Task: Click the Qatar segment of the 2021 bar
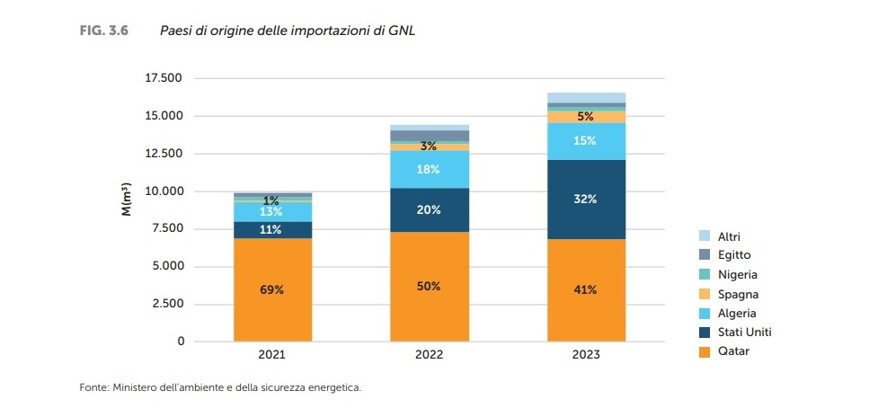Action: click(272, 289)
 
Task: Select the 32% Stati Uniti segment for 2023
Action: click(586, 199)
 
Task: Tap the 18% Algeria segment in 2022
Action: click(429, 169)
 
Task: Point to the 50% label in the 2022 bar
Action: click(429, 287)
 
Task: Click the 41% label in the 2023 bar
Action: click(586, 290)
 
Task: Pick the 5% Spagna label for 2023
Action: click(586, 117)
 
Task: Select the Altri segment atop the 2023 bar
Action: click(586, 98)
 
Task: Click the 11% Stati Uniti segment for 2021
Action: click(272, 230)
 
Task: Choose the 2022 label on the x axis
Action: click(429, 355)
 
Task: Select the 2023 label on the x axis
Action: click(586, 355)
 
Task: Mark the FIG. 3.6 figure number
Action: click(105, 31)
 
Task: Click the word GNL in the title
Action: click(403, 31)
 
